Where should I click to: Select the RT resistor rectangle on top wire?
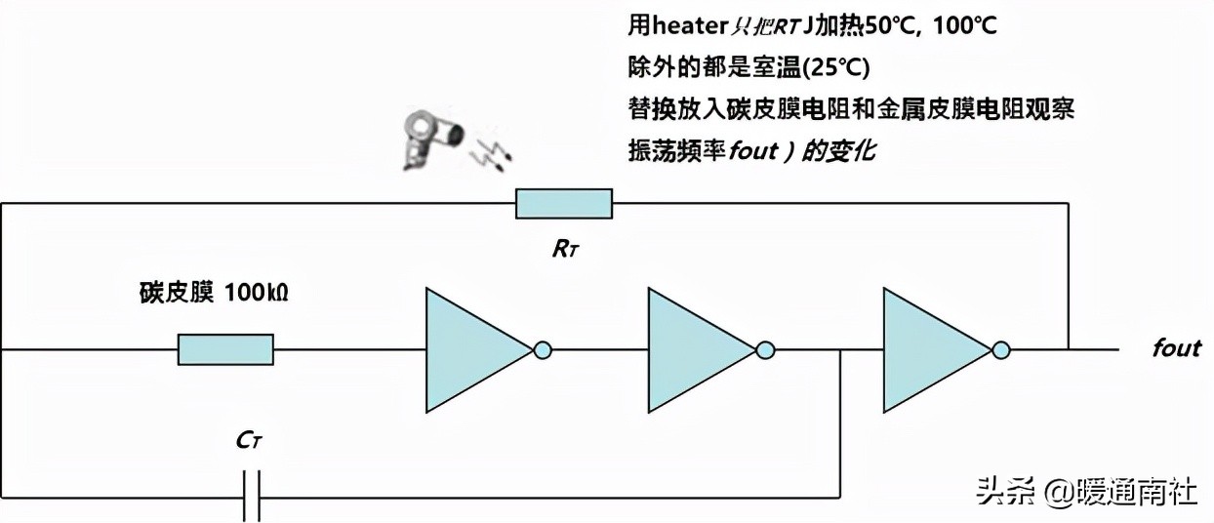point(564,205)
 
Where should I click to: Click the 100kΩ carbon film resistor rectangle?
point(225,349)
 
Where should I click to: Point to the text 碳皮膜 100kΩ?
point(211,292)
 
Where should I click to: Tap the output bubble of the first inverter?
point(543,349)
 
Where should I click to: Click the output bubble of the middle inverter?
point(766,349)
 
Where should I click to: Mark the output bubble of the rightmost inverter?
point(1001,349)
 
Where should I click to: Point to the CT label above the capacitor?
point(250,441)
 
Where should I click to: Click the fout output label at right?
point(1175,348)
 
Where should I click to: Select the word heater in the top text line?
point(684,25)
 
